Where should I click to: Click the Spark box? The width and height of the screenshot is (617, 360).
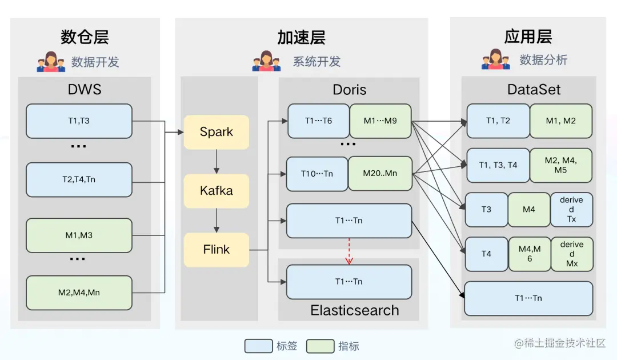216,132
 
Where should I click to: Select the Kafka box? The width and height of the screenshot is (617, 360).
216,191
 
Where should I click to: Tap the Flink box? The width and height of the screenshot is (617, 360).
216,250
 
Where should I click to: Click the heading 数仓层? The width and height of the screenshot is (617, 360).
85,37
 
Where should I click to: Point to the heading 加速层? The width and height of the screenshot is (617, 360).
301,37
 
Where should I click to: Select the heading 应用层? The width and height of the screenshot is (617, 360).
528,37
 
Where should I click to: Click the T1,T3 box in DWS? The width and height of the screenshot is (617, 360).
79,121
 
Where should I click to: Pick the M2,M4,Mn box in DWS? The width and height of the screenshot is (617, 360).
79,293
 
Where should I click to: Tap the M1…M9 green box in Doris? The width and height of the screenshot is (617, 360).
380,121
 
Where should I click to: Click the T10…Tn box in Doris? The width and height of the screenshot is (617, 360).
317,174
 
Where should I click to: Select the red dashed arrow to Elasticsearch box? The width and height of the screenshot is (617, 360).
349,251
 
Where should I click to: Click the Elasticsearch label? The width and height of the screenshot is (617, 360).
354,310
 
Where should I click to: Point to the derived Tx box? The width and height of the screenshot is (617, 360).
571,209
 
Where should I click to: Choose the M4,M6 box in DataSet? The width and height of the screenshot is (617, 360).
530,254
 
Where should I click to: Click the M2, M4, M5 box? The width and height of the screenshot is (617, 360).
560,165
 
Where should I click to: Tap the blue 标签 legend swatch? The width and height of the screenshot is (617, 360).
259,346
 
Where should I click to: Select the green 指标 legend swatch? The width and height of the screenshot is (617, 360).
320,346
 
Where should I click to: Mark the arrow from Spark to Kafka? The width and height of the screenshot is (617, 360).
216,162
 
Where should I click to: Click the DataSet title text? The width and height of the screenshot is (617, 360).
534,90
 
